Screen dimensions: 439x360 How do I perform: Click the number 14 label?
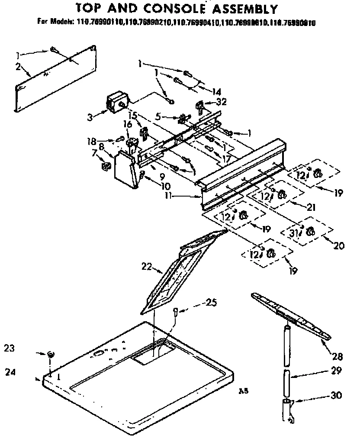click(x=216, y=91)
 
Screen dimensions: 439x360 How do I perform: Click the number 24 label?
click(x=10, y=371)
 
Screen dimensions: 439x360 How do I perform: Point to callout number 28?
click(x=337, y=357)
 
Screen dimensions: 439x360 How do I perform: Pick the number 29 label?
click(x=337, y=371)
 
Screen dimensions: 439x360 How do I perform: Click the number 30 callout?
click(x=336, y=395)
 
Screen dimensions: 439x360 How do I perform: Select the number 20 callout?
click(x=338, y=245)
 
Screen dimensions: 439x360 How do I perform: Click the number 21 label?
click(x=310, y=207)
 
